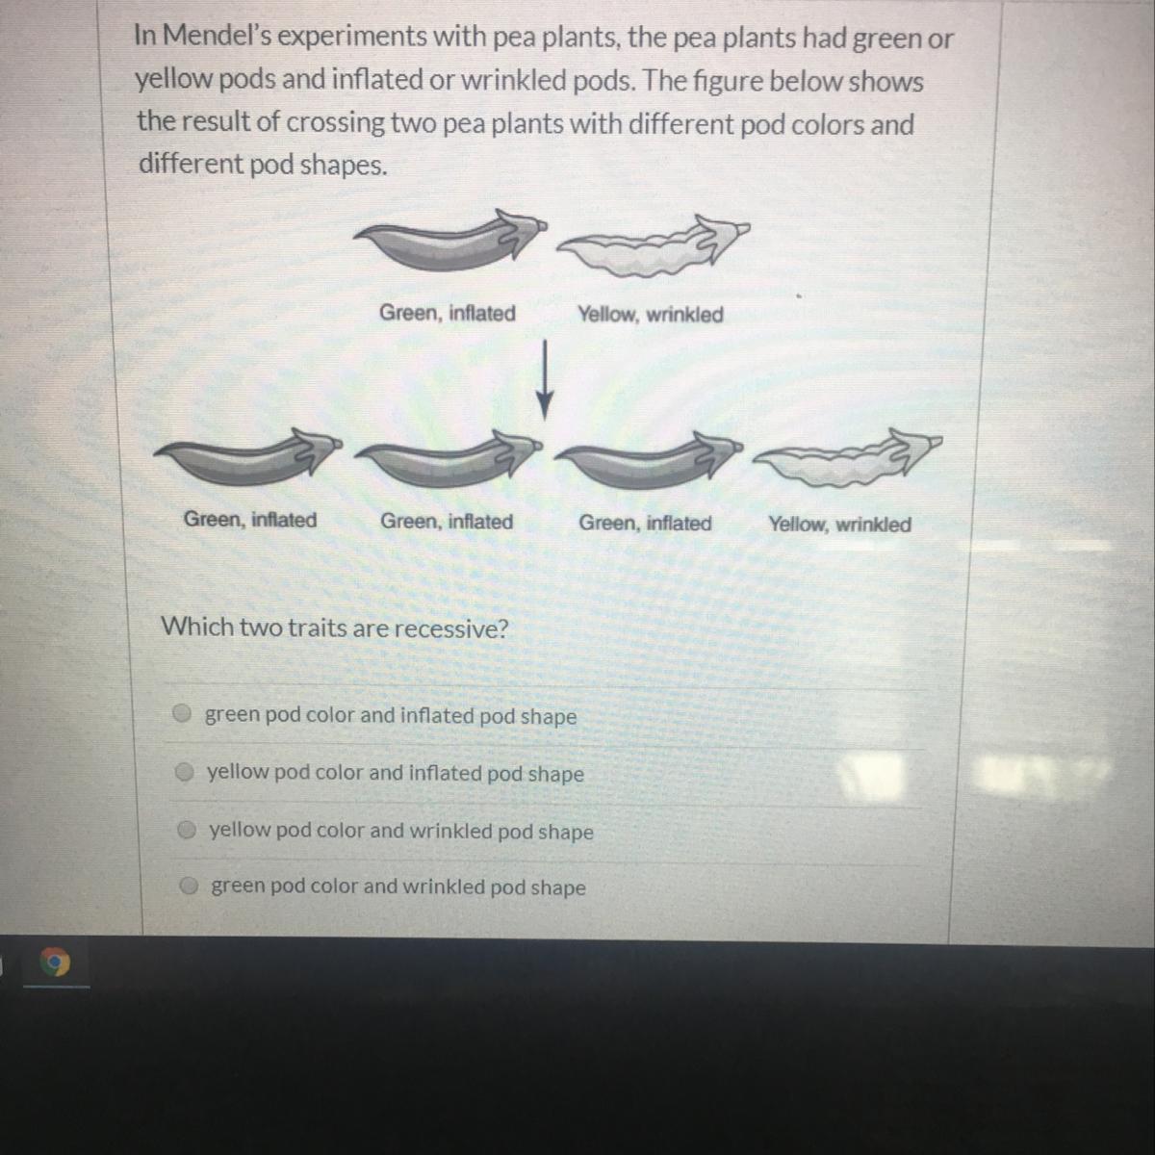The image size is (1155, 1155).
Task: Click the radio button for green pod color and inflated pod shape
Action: (x=182, y=713)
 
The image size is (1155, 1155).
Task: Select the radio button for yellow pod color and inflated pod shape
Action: (x=185, y=772)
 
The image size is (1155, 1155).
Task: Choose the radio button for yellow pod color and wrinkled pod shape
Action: (x=188, y=830)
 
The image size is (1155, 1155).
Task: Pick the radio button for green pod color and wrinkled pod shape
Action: (x=190, y=885)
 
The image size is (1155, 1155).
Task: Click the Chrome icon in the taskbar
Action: (x=55, y=963)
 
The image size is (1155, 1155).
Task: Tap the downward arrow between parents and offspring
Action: (x=544, y=380)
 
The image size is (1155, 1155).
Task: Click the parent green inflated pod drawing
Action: (x=450, y=239)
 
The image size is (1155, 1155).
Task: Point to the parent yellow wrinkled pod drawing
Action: (x=654, y=245)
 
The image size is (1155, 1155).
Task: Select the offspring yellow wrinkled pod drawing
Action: (x=848, y=457)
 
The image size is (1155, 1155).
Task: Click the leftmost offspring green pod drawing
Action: (x=248, y=456)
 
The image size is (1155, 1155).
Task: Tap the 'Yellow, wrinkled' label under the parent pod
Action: (x=651, y=314)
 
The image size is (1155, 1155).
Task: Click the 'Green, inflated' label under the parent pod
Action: (x=448, y=313)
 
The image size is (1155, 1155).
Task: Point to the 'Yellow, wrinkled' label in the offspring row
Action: (x=839, y=525)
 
